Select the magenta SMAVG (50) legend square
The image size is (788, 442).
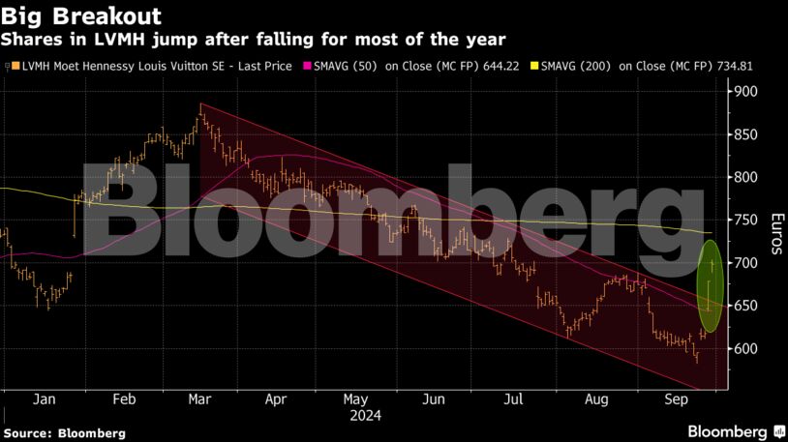309,66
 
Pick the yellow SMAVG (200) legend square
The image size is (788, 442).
534,66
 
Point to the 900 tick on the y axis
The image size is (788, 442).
745,92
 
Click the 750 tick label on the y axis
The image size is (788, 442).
745,221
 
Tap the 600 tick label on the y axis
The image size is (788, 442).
745,349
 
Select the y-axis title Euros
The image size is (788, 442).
776,233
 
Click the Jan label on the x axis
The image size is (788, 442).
43,398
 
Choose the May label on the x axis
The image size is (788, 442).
355,398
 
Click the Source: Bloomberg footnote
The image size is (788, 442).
65,433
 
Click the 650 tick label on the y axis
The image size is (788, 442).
745,307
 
